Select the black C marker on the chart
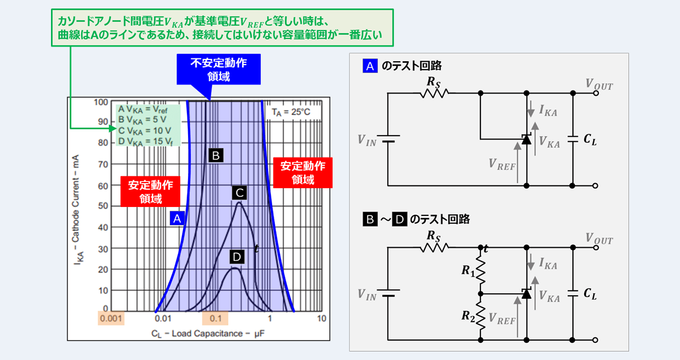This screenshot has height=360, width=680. point(239,193)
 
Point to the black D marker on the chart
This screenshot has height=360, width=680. point(237,257)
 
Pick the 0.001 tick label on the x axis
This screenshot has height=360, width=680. point(111,318)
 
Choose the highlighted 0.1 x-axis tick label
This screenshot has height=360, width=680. point(215,318)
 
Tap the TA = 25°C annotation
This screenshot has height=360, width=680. point(291,111)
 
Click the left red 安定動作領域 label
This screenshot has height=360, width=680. point(150,192)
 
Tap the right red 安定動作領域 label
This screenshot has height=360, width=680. point(303,172)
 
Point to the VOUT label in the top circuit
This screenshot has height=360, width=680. point(600,85)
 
